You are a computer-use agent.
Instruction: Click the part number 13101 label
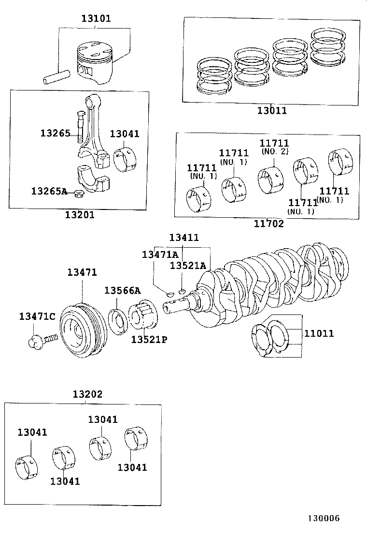coord(96,19)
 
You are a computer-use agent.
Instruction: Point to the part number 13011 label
coord(272,111)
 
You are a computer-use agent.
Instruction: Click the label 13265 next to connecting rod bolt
coord(55,133)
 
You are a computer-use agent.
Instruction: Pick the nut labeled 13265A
coord(77,194)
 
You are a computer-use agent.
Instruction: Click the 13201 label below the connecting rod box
coord(80,214)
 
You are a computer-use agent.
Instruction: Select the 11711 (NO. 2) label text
coord(274,146)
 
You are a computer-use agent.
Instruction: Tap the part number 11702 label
coord(269,224)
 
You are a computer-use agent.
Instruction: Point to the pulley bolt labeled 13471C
coord(42,339)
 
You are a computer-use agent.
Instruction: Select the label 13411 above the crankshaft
coord(183,238)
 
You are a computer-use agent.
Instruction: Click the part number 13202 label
coord(87,394)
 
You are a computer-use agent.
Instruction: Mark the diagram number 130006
coord(321,518)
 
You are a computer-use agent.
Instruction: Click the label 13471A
coord(160,254)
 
